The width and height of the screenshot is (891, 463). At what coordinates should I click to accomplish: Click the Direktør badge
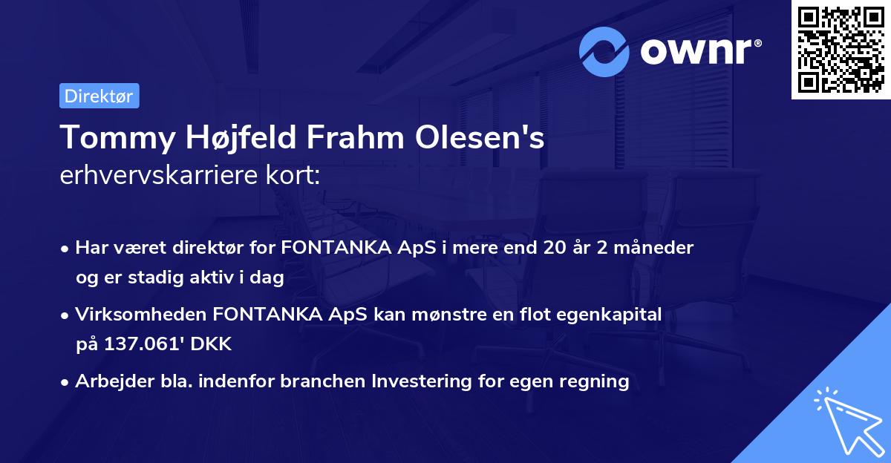click(99, 96)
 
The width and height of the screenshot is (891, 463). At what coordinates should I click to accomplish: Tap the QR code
click(841, 50)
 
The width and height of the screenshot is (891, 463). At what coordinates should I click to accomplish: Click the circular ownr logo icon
click(604, 51)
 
